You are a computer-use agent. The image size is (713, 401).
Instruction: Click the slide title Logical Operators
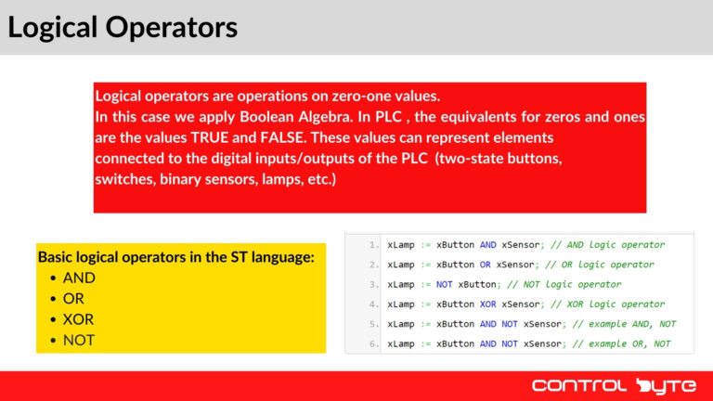click(x=123, y=28)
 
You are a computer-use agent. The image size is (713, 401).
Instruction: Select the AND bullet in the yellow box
click(x=79, y=278)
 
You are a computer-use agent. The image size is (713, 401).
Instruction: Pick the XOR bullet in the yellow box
click(x=78, y=319)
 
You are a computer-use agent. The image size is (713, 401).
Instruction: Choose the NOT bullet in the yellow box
click(x=79, y=341)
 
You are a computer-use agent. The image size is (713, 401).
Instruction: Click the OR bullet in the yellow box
click(x=73, y=299)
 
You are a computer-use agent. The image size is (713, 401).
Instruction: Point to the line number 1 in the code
click(x=373, y=245)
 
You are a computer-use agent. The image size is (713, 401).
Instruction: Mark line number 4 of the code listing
click(x=373, y=304)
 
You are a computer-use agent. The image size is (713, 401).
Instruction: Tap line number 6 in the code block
click(x=373, y=344)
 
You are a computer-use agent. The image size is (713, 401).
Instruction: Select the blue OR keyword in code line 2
click(x=486, y=265)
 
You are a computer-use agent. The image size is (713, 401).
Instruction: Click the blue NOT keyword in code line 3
click(x=444, y=284)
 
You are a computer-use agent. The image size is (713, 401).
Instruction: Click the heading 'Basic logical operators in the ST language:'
click(x=175, y=257)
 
